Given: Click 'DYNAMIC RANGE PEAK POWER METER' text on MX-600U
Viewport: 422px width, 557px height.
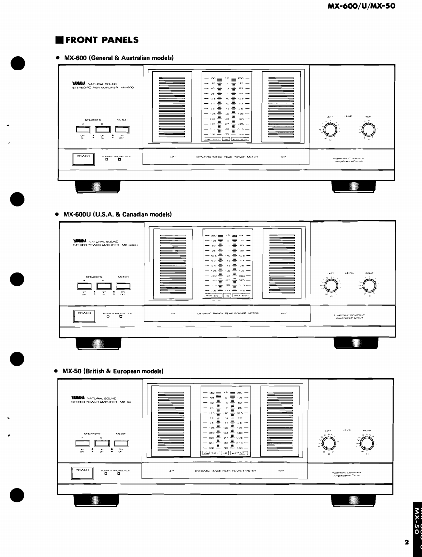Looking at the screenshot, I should [226, 313].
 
